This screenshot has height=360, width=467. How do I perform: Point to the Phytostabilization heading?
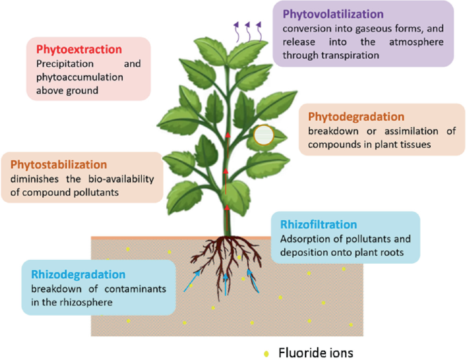(59, 165)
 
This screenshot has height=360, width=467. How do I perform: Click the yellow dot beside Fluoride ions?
(266, 353)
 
